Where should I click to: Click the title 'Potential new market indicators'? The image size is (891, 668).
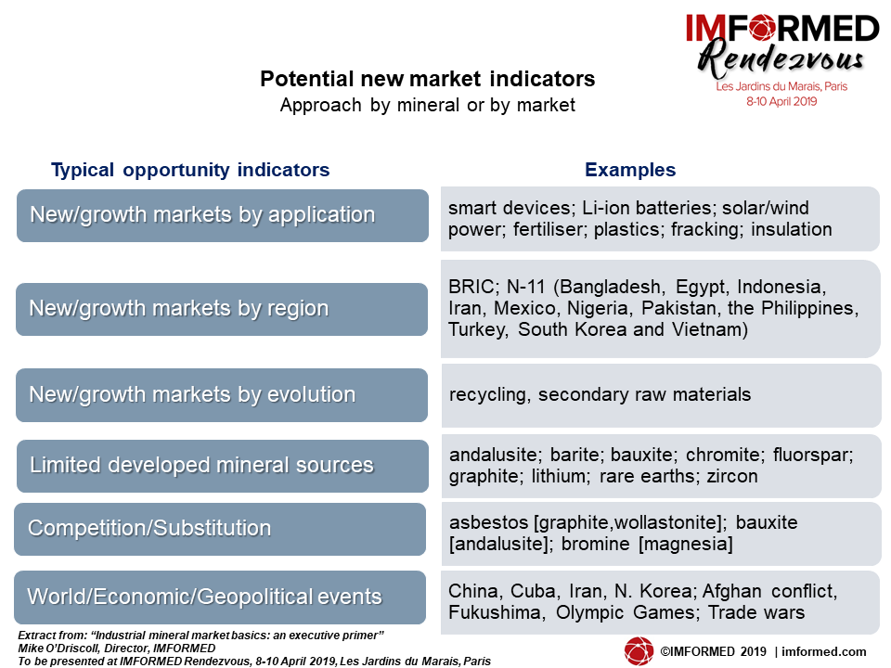click(x=427, y=78)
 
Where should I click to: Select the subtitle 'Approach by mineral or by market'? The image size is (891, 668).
click(x=427, y=105)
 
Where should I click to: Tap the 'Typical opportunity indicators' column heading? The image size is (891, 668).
click(x=190, y=170)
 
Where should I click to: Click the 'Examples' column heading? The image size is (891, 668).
click(x=630, y=169)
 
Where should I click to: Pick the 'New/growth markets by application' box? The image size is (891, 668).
click(x=223, y=216)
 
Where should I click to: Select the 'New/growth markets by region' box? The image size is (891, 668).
click(x=222, y=310)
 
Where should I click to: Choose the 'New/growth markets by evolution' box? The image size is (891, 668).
click(x=222, y=395)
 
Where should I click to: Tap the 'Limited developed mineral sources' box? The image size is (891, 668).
click(x=223, y=466)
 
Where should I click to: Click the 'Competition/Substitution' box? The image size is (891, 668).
click(x=220, y=529)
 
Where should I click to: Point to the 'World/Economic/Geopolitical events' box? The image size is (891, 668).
click(x=220, y=597)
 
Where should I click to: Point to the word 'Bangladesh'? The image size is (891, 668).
click(x=613, y=287)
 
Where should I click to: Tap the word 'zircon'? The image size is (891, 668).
click(x=732, y=476)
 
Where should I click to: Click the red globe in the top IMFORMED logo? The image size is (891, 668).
click(x=761, y=29)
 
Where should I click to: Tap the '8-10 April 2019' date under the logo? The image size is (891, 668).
click(x=781, y=102)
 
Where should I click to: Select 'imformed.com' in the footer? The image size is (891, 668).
click(x=824, y=651)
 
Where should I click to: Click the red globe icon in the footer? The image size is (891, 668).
click(x=639, y=651)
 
